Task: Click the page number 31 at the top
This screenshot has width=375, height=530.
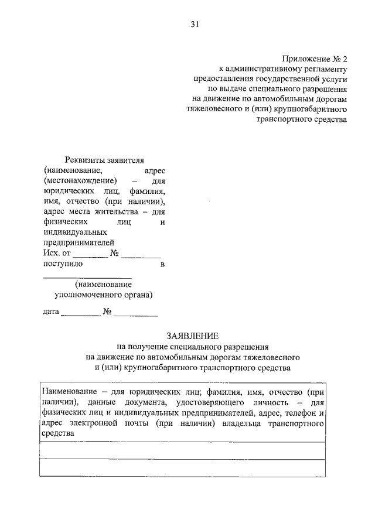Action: [x=195, y=24]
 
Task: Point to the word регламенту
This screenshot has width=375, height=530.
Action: [x=320, y=70]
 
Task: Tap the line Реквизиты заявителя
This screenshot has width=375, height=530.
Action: [x=104, y=160]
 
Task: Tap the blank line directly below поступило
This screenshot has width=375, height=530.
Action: [x=87, y=276]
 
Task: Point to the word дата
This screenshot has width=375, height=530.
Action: [x=51, y=312]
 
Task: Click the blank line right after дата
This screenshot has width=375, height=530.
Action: [x=80, y=314]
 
